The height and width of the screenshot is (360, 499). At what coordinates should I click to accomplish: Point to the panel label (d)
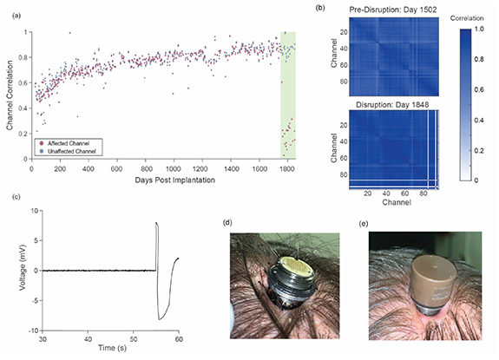point(227,223)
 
